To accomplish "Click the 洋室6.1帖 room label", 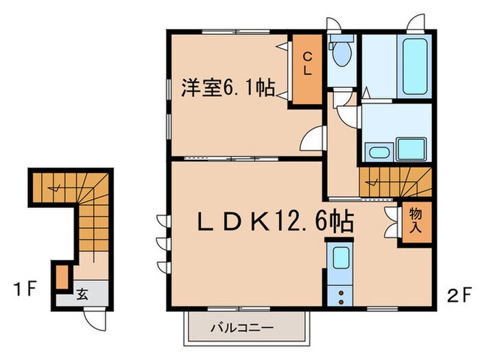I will tap(228, 88).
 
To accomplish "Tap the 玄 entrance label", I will tap(82, 295).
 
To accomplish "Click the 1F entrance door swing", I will tap(94, 317).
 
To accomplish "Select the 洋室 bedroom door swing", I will tap(313, 141).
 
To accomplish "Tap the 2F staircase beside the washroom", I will tap(394, 182).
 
